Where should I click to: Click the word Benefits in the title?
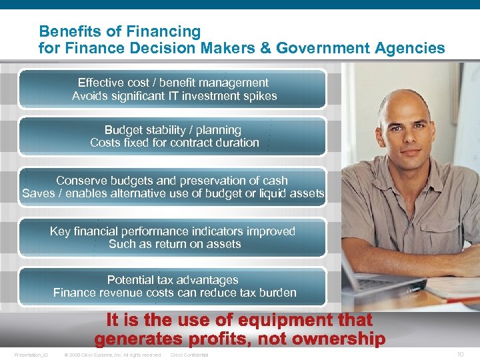coord(65,31)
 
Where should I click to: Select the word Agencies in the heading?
coord(413,48)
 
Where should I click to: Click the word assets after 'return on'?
coord(224,244)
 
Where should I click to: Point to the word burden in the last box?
coord(277,293)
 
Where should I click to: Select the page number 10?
coord(460,355)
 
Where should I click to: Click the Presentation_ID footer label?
coord(31,355)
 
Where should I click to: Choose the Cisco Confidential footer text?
coord(189,355)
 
